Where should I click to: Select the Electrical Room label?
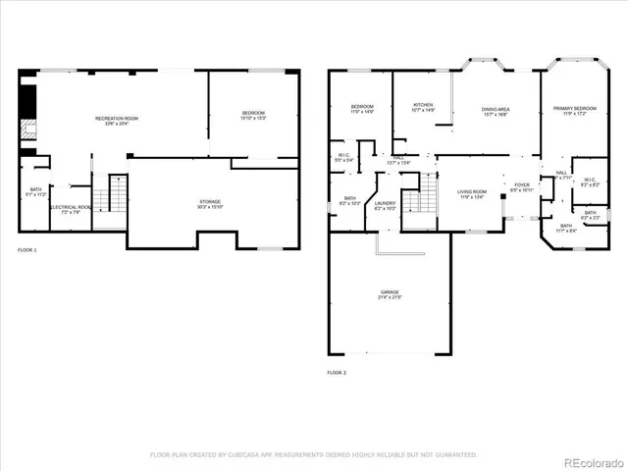coord(71,209)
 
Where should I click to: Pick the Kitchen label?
coord(423,107)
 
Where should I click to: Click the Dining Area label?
coord(495,111)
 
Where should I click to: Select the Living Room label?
coord(473,193)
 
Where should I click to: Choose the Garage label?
coord(390,293)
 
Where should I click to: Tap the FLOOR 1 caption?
coord(27,251)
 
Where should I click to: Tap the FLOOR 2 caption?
coord(337,373)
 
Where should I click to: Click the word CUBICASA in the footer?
coord(253,455)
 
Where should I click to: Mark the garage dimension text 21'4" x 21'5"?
coord(390,297)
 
